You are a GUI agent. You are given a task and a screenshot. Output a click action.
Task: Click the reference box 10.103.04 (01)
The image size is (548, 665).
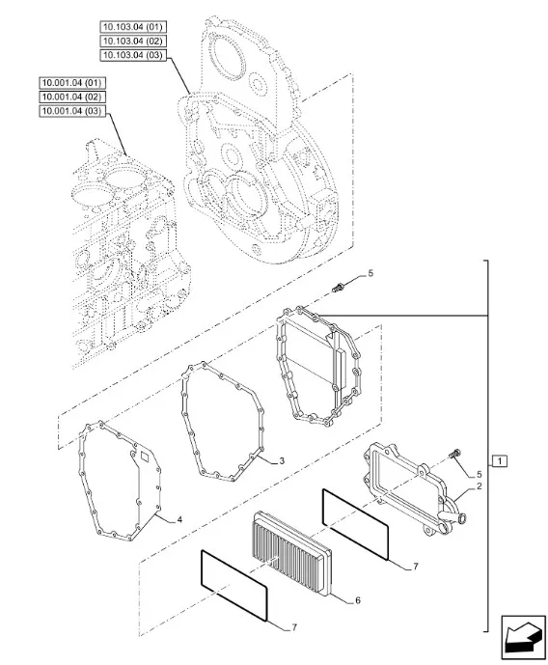(x=133, y=27)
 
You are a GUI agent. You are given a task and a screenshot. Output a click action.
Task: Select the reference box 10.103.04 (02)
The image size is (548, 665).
(x=133, y=42)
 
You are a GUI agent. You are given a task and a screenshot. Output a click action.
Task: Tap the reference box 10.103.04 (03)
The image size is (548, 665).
(x=133, y=55)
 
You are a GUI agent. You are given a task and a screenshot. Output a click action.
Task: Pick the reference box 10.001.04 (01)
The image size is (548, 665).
(x=72, y=83)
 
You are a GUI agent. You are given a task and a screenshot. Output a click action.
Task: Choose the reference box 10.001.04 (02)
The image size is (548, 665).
(x=72, y=97)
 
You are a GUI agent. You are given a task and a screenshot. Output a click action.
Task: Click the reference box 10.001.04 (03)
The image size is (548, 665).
(x=72, y=111)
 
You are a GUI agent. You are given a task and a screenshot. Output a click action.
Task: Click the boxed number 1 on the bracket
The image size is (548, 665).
(x=500, y=460)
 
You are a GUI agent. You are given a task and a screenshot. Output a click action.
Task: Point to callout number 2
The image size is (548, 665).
(x=479, y=486)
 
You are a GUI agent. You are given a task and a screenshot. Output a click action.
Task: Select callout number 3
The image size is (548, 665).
(x=282, y=461)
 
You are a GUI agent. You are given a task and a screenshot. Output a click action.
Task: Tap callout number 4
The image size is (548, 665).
(x=179, y=519)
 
